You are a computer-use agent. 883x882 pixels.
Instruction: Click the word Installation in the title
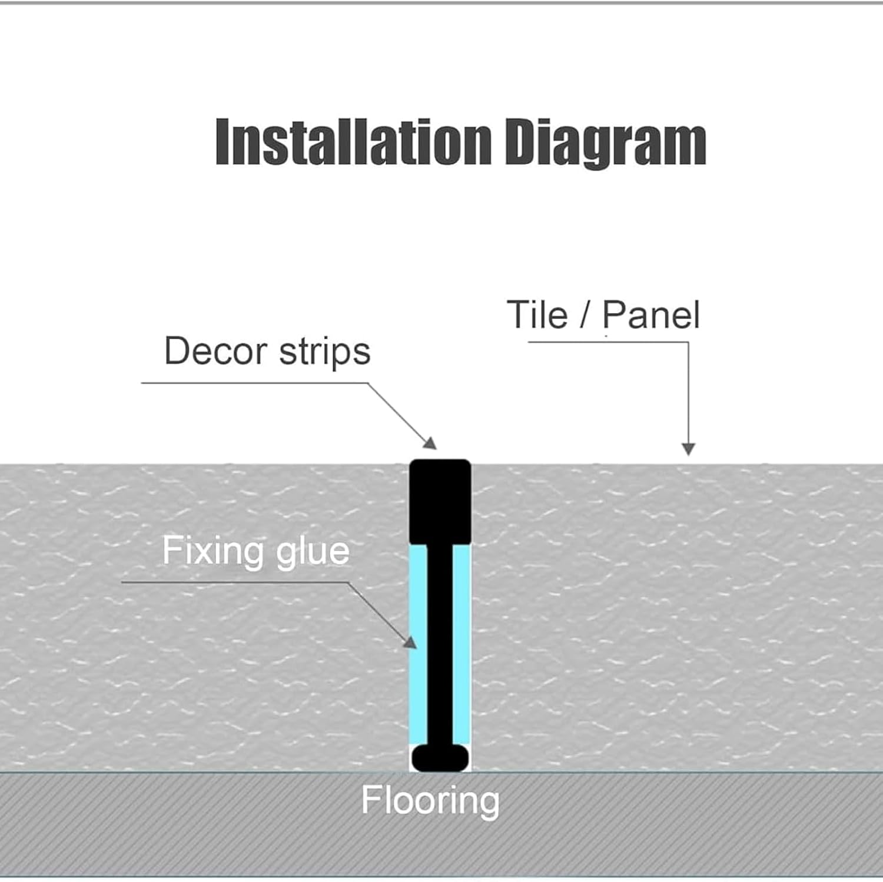coord(353,143)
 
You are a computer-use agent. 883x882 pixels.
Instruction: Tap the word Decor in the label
coord(215,351)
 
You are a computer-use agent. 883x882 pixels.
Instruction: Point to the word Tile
coord(537,315)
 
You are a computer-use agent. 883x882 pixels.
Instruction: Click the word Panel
coord(651,315)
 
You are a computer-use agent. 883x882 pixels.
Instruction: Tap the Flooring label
coord(430,801)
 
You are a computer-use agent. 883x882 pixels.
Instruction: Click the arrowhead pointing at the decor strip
coord(431,444)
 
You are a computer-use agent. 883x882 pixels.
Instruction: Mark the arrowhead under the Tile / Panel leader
coord(688,449)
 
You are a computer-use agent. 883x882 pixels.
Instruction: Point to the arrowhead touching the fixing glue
coord(410,641)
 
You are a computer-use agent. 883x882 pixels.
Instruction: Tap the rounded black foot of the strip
coord(440,758)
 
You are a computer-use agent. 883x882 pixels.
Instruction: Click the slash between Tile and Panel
coord(584,315)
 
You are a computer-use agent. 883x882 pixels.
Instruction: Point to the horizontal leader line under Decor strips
coord(253,383)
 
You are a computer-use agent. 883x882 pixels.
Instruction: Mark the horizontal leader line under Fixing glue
coord(235,583)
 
